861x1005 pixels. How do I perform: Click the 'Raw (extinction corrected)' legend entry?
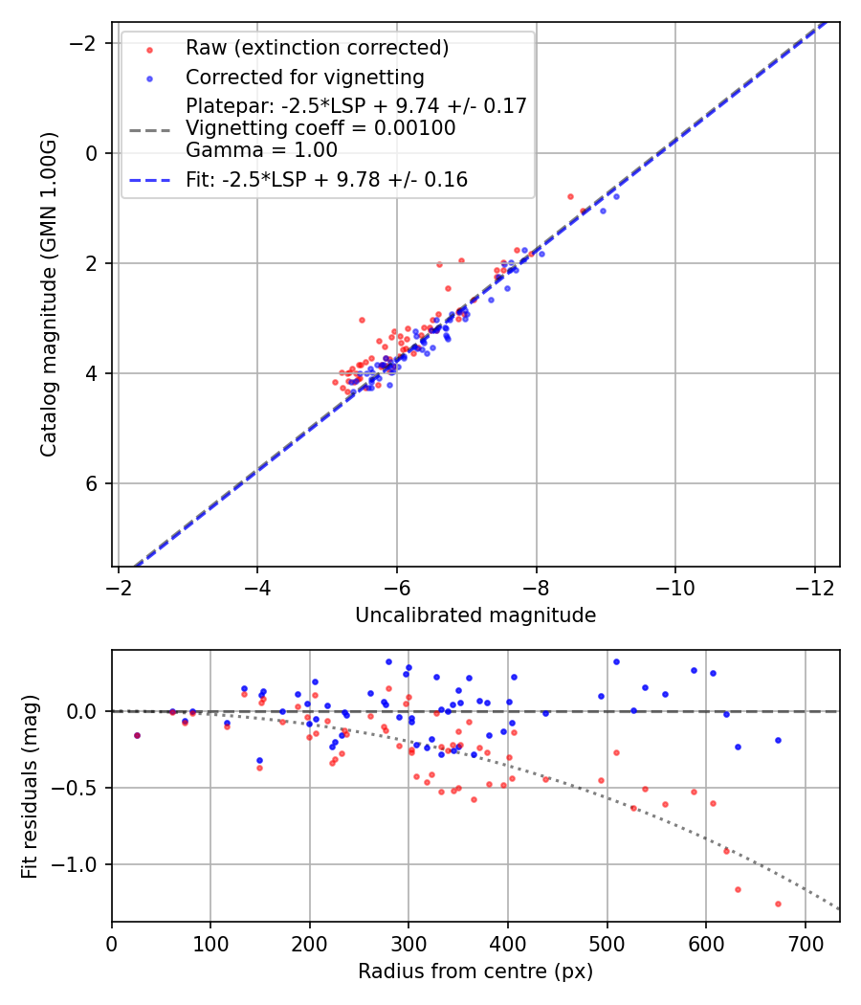coord(317,48)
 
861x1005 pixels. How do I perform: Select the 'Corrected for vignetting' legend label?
coord(305,77)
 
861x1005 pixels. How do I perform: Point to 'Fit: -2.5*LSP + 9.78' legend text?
coord(326,179)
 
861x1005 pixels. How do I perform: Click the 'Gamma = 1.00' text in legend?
coord(261,149)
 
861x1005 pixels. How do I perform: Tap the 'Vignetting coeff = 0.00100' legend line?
coord(320,127)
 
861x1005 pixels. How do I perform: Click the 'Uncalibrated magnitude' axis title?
coord(475,615)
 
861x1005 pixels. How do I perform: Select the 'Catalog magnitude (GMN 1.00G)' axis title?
coord(49,294)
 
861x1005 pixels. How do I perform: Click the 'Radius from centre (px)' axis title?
coord(475,971)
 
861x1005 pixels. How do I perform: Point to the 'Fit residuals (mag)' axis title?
coord(30,786)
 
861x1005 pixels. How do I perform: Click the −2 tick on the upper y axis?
coord(87,43)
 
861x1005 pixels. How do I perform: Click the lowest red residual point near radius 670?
coord(778,904)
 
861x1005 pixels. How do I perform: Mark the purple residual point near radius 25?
coord(137,735)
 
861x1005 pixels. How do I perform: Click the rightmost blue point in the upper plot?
coord(615,196)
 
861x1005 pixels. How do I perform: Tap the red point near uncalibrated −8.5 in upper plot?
coord(571,196)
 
